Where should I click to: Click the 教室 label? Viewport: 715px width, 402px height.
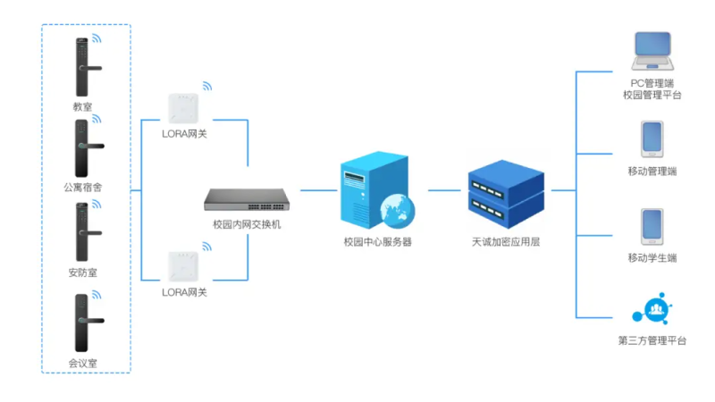83,107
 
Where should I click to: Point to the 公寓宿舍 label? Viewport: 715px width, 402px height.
83,188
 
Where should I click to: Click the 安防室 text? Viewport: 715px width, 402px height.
83,272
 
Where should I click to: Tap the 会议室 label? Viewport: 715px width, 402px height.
83,363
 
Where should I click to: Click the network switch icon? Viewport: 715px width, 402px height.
248,198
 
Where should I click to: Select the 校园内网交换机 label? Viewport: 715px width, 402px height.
248,224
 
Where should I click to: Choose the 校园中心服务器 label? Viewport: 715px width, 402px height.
378,242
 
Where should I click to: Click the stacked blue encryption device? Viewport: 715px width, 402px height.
506,189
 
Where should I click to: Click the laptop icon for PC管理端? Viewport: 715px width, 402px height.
652,52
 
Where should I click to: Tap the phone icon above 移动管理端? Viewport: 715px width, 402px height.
652,140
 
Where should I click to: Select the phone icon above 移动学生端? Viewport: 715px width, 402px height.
652,227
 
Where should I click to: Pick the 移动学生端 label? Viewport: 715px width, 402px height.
652,258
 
